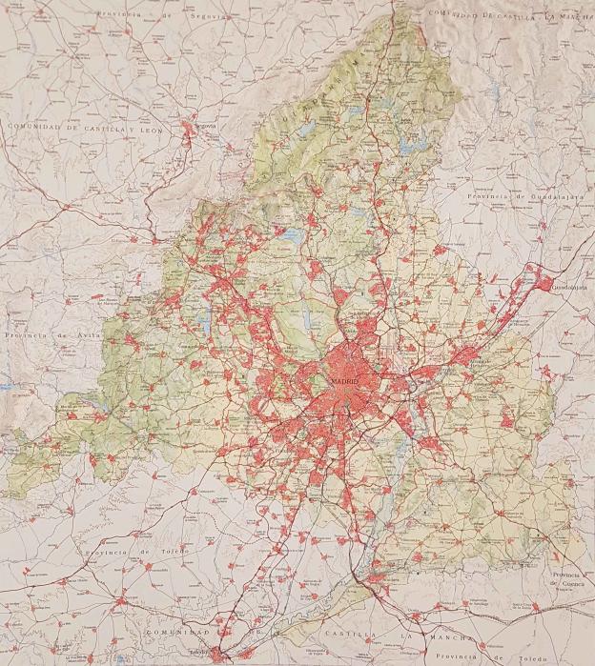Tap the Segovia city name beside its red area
click(203, 124)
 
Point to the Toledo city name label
click(197, 652)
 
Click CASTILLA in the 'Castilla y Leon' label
click(99, 127)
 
